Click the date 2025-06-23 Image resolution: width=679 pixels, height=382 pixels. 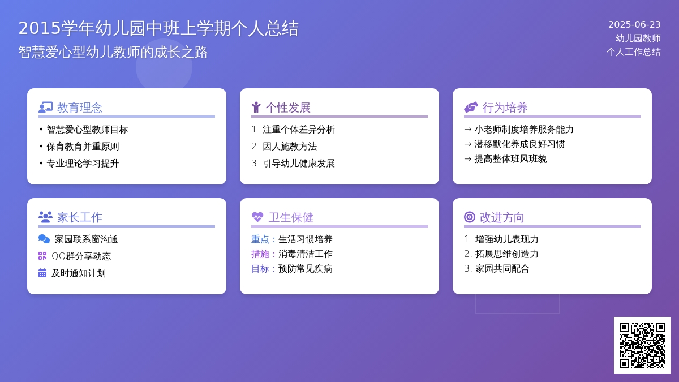(634, 24)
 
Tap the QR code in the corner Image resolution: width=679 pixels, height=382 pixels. (642, 345)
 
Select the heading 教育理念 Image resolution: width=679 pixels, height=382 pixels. (79, 108)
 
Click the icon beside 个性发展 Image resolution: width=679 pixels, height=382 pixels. (256, 108)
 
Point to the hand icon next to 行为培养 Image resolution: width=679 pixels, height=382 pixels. (471, 108)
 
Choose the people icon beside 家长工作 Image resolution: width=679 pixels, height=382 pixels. (45, 217)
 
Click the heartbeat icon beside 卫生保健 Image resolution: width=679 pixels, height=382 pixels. (257, 217)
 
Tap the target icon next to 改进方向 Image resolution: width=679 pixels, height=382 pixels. (470, 217)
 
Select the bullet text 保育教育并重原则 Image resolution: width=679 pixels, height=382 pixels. (83, 147)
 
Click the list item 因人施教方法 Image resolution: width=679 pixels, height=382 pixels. (290, 147)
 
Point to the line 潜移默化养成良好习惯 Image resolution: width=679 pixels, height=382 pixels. (519, 144)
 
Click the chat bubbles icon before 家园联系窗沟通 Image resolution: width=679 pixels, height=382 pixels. (44, 239)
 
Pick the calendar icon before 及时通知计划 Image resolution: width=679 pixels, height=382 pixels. (42, 273)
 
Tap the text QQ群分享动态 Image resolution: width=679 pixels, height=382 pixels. (81, 256)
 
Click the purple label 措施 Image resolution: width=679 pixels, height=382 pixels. (260, 254)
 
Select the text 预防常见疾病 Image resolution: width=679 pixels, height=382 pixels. (305, 269)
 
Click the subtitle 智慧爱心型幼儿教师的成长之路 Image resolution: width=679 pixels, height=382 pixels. (113, 52)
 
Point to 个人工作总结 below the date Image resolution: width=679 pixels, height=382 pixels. (634, 52)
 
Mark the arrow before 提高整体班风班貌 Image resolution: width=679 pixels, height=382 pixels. (468, 159)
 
